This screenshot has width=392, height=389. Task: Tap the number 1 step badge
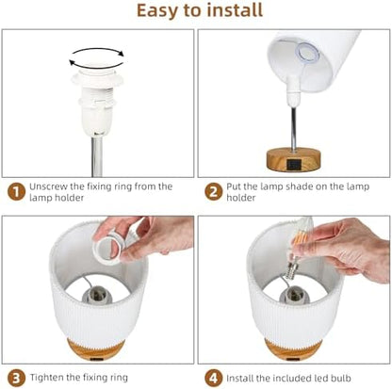[x=16, y=192]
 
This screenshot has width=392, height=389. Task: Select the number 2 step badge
[x=213, y=192]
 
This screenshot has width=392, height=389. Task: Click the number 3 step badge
[x=16, y=378]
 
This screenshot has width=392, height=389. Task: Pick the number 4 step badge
[x=213, y=378]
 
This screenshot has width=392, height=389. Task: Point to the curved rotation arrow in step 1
[x=97, y=67]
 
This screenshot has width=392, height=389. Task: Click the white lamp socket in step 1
[x=96, y=101]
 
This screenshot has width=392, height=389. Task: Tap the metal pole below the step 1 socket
[x=97, y=156]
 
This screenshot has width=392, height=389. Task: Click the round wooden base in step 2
[x=293, y=160]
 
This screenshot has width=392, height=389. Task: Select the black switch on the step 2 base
[x=295, y=165]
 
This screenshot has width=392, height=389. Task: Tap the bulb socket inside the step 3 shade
[x=98, y=295]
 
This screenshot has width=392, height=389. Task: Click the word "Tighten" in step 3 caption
[x=46, y=378]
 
